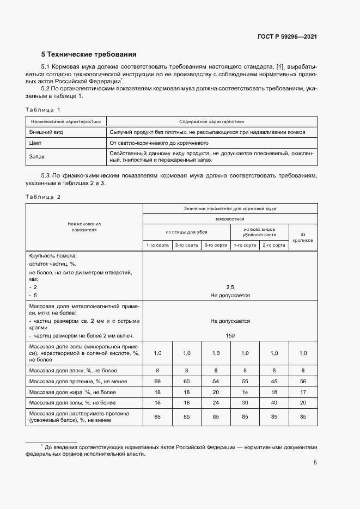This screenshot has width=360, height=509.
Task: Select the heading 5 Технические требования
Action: point(89,54)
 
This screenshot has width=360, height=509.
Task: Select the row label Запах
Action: point(36,157)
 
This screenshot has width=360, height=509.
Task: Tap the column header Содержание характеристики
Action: point(212,122)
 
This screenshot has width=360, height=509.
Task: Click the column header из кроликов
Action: point(303,237)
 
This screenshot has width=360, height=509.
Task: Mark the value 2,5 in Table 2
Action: point(230,286)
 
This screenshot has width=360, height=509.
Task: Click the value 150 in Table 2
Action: point(230,336)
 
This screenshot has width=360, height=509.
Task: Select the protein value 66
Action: point(157,381)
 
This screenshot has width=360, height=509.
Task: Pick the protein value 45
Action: point(274,381)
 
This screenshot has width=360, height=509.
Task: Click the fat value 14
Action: point(245,392)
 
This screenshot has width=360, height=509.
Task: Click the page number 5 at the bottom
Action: point(315,463)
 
